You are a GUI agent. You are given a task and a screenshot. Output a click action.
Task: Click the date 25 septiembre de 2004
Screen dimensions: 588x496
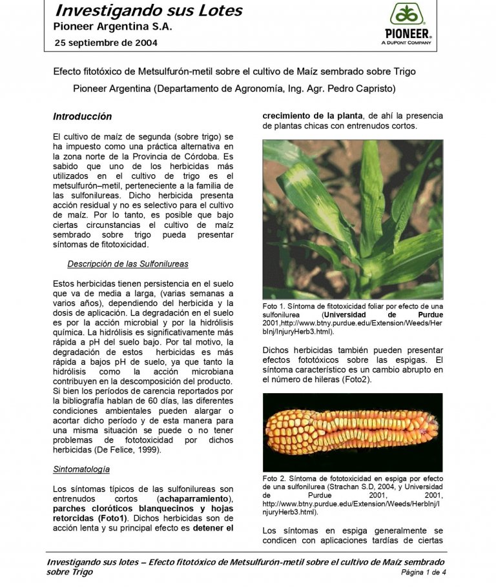tap(105, 43)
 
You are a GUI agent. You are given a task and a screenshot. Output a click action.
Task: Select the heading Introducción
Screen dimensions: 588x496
tap(82, 117)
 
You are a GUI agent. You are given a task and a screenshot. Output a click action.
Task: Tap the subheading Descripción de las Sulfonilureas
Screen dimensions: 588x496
tap(128, 264)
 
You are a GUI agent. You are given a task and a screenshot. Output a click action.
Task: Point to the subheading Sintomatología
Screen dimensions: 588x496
tap(81, 469)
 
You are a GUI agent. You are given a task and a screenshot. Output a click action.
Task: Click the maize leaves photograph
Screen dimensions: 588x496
tap(352, 219)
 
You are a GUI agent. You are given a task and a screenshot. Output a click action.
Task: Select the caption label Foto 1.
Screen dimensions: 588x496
tap(275, 306)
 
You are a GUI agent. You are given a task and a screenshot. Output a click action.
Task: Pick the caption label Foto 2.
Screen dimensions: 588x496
tap(275, 478)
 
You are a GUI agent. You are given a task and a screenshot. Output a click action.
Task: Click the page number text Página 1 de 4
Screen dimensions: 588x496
tap(424, 573)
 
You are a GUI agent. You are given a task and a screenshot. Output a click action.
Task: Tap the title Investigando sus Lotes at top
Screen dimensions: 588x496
tap(149, 11)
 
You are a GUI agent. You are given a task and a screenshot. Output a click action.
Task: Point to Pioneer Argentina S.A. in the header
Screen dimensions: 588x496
tap(112, 27)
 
